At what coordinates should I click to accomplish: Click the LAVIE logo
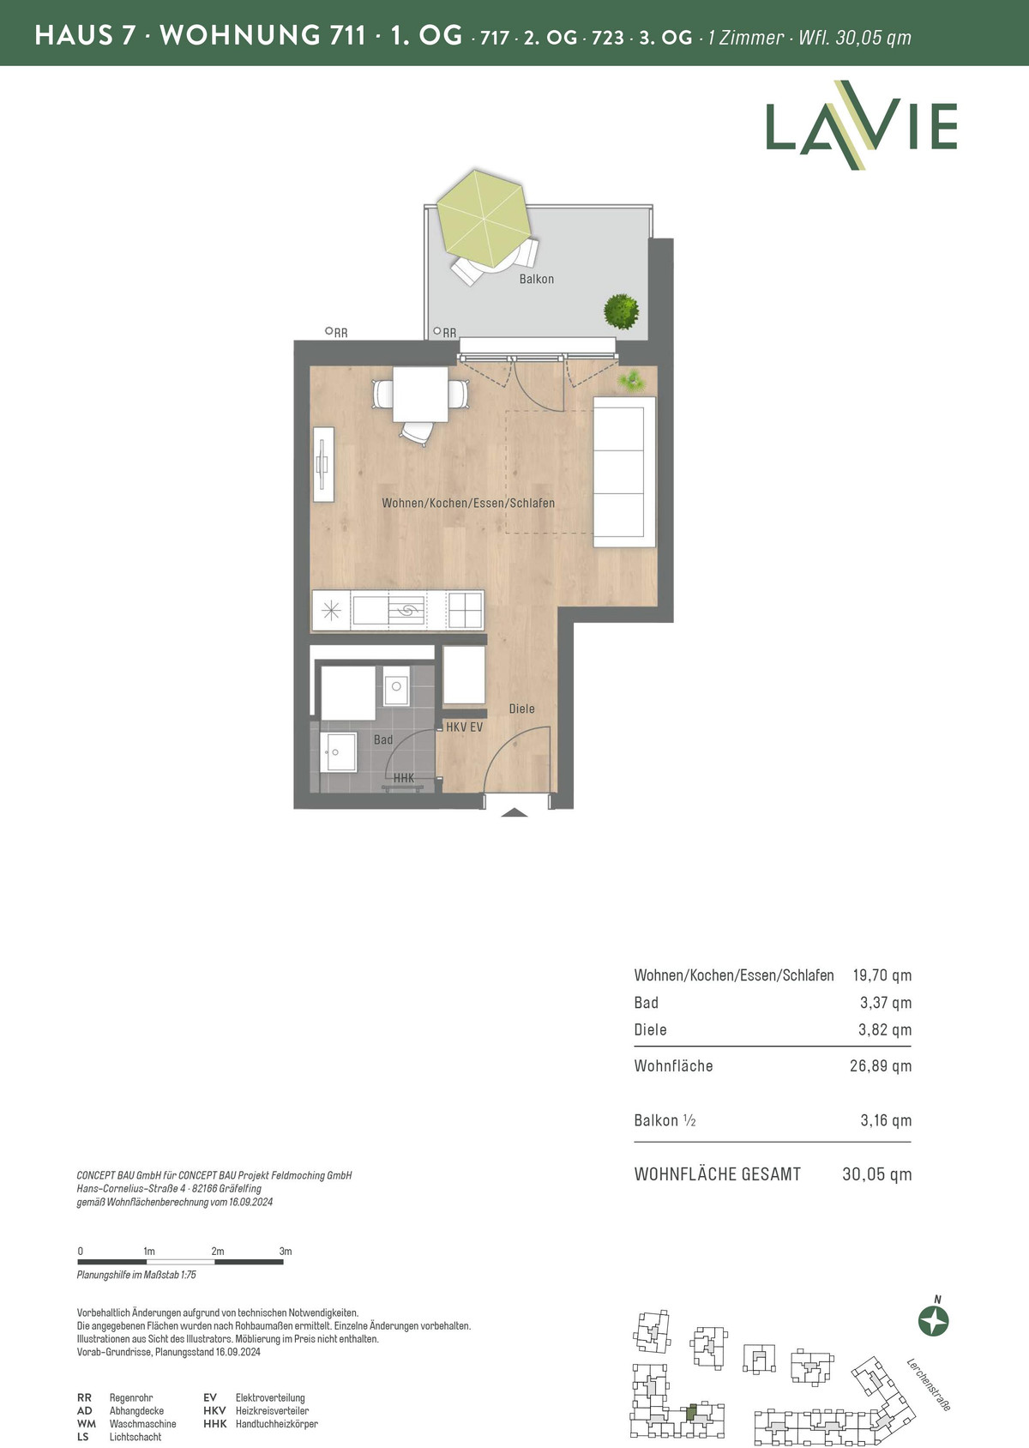[861, 125]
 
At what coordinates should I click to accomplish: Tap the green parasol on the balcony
[484, 219]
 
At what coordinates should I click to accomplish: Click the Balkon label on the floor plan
[537, 280]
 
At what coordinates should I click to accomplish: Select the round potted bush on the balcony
[621, 311]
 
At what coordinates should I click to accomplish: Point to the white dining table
[421, 394]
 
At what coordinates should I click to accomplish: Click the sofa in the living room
[624, 473]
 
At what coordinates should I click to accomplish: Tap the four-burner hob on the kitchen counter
[466, 610]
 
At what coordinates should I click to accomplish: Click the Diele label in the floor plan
[521, 709]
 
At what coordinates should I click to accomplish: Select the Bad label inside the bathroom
[383, 740]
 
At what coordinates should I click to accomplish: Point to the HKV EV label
[464, 727]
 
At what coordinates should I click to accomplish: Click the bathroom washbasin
[338, 751]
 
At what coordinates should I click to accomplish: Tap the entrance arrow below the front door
[514, 812]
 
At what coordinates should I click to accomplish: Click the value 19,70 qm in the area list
[882, 975]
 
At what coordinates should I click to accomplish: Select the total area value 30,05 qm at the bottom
[876, 1174]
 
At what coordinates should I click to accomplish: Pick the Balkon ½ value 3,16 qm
[886, 1120]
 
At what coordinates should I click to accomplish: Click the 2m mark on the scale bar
[217, 1252]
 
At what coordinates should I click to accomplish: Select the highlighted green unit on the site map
[692, 1413]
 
